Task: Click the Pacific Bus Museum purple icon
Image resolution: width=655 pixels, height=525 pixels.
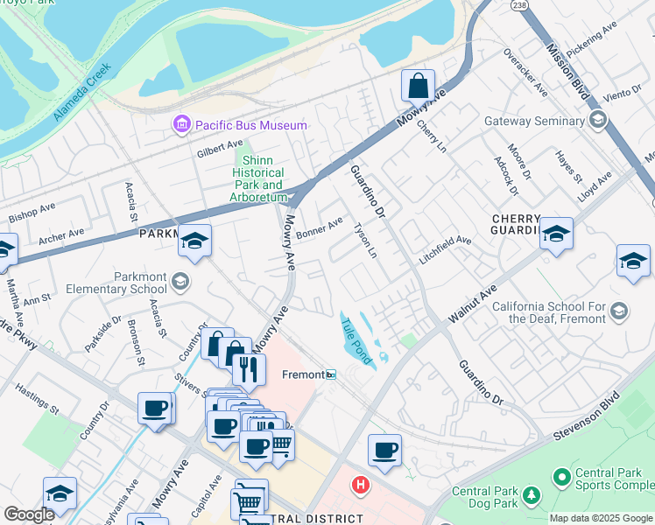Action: click(182, 125)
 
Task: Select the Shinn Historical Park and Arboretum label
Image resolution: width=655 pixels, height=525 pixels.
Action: click(257, 178)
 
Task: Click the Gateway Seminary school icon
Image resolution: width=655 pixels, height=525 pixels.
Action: click(598, 121)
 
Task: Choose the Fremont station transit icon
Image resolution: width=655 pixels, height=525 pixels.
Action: click(330, 374)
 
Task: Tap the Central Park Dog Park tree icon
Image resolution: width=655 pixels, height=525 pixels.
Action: click(531, 496)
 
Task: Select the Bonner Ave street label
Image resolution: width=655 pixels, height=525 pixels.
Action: click(319, 230)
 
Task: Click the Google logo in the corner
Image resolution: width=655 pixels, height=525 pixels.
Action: click(28, 514)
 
